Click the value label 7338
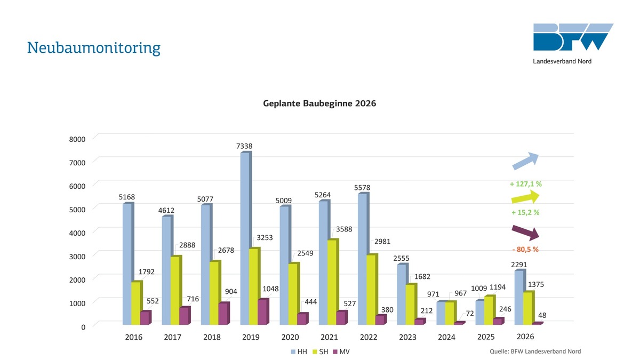[x=244, y=146]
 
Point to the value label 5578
[x=362, y=187]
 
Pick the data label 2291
[x=519, y=264]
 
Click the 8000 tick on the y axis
[x=78, y=139]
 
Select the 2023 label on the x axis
[x=407, y=338]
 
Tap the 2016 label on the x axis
[x=133, y=338]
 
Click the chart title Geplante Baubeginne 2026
[x=319, y=103]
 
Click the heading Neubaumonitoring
[x=93, y=48]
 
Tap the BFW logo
[x=573, y=37]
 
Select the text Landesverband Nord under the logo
[x=562, y=61]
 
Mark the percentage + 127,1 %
[x=525, y=184]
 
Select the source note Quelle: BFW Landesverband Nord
[x=535, y=351]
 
